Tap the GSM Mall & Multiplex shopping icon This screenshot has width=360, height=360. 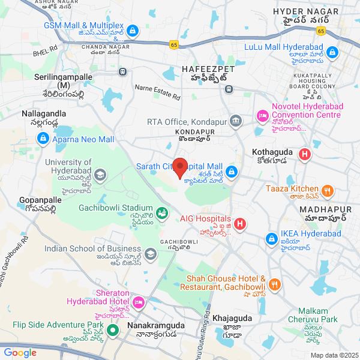(x=133, y=30)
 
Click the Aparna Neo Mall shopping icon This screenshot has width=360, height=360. (x=42, y=139)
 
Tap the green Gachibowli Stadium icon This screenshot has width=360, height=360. (x=161, y=212)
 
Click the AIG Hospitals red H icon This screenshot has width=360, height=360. (x=240, y=224)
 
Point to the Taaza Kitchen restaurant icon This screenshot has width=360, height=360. (x=328, y=191)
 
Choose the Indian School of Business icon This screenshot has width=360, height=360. (x=150, y=254)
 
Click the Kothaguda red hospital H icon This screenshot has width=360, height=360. (x=305, y=155)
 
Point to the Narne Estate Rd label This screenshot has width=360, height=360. (x=157, y=92)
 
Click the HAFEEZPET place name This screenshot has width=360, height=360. (x=208, y=70)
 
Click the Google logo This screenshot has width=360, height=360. (x=20, y=353)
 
